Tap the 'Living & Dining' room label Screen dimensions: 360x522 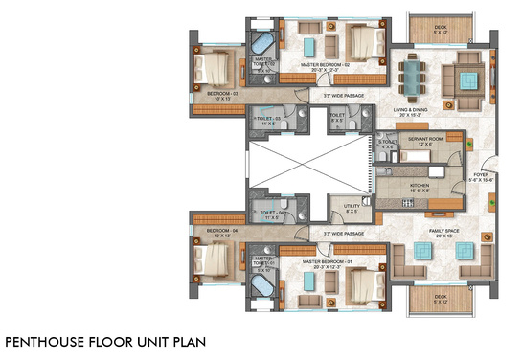click(x=419, y=110)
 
